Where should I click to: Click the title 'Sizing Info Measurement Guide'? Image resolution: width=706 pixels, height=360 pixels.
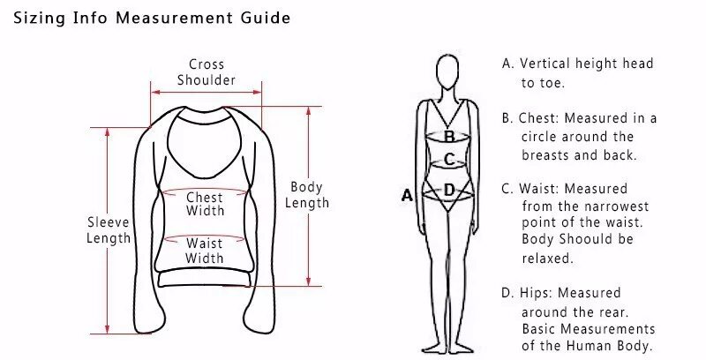tap(151, 18)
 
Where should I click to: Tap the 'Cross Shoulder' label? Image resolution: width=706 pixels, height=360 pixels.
tap(206, 72)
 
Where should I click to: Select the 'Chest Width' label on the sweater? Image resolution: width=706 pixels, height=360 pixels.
tap(205, 204)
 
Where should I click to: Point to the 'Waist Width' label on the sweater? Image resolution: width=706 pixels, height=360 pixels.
tap(205, 251)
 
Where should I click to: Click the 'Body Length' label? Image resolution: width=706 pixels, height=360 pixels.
tap(309, 194)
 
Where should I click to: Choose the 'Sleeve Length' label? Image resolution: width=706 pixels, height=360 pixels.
tap(109, 229)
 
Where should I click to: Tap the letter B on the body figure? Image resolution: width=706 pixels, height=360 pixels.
tap(449, 137)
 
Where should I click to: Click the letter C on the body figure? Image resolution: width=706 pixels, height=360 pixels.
tap(449, 160)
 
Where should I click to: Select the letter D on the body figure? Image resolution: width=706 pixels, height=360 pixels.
tap(449, 189)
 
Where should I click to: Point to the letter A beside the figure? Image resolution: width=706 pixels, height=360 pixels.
tap(407, 195)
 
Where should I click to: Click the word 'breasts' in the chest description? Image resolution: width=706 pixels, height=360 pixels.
tap(545, 154)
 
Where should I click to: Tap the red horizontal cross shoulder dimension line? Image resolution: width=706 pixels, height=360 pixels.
tap(206, 90)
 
